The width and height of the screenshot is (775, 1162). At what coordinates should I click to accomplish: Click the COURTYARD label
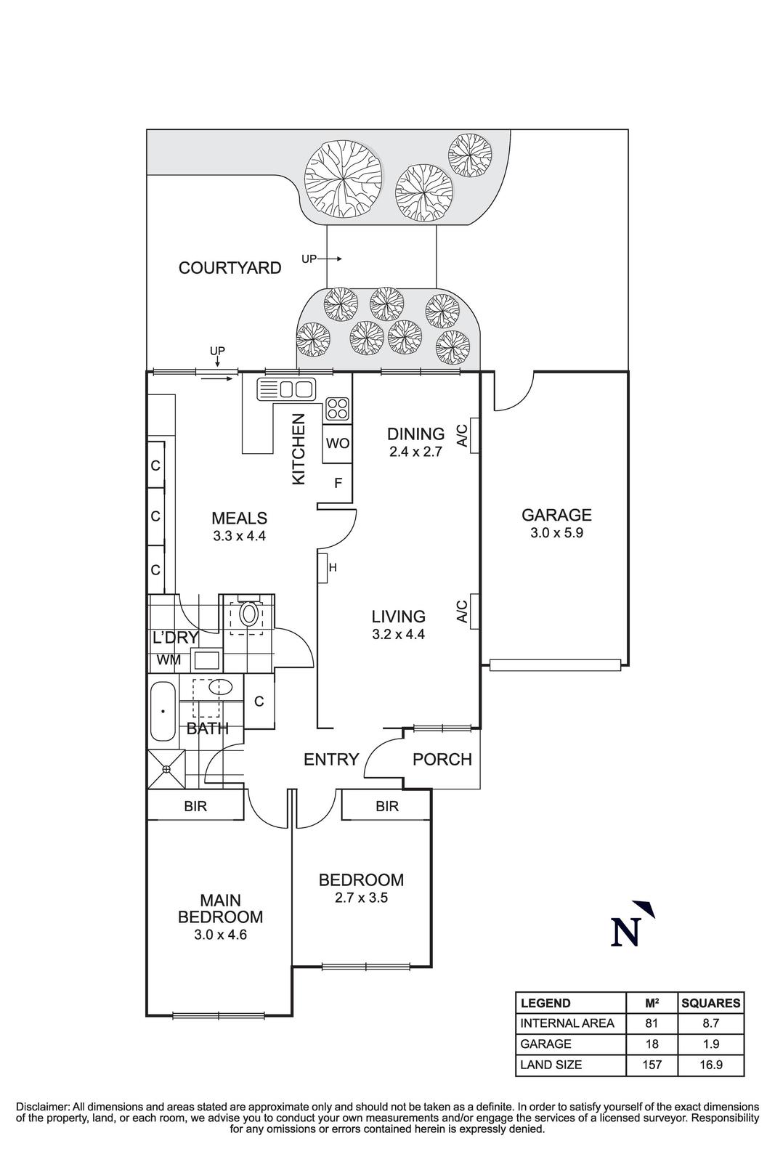click(x=230, y=268)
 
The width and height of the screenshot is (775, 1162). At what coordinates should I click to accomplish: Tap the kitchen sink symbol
click(x=285, y=389)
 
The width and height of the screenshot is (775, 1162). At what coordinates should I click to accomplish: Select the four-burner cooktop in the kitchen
click(x=337, y=409)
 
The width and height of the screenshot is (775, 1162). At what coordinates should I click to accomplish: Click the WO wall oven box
click(x=338, y=443)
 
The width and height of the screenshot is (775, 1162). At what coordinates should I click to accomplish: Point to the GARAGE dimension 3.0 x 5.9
click(x=556, y=532)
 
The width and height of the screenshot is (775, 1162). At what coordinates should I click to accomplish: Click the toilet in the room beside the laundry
click(x=249, y=614)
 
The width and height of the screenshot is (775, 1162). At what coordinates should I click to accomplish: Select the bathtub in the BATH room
click(x=162, y=712)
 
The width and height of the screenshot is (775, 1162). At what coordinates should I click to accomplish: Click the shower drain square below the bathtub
click(x=166, y=769)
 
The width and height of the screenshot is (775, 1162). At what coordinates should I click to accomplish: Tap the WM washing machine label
click(x=169, y=660)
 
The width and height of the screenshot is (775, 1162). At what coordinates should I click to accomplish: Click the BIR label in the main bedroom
click(x=195, y=806)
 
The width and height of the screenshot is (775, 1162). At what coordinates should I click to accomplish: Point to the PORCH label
click(x=442, y=760)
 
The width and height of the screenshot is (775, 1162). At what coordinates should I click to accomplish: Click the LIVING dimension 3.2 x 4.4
click(x=398, y=634)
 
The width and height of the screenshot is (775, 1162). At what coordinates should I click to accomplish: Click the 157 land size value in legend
click(x=652, y=1065)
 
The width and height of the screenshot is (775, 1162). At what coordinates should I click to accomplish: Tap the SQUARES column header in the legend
click(x=710, y=1003)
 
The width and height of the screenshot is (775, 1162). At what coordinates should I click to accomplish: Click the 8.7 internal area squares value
click(x=710, y=1023)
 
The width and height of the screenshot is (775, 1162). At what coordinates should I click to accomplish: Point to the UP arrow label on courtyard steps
click(x=309, y=259)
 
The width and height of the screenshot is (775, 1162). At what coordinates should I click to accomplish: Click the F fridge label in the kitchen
click(x=338, y=482)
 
